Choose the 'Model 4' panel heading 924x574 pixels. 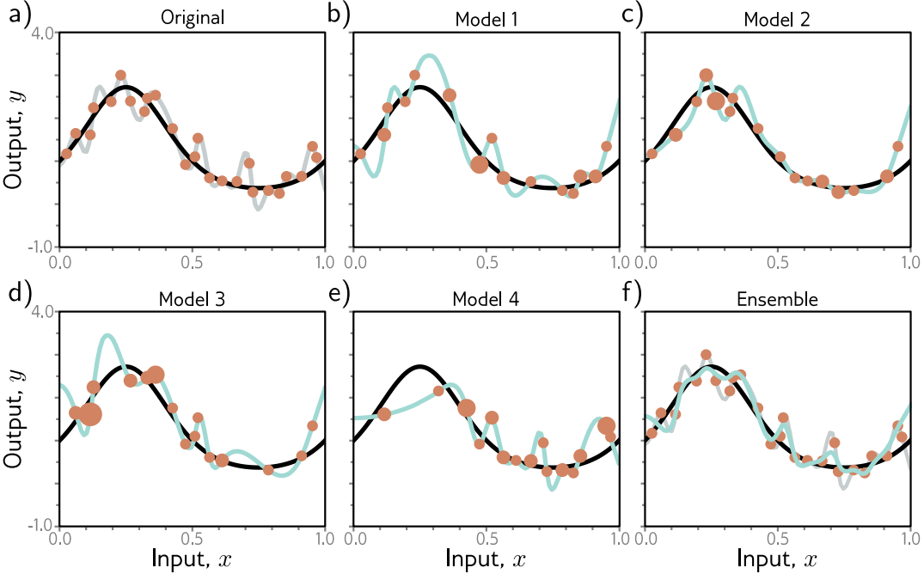[486, 299]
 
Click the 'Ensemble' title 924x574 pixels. [780, 299]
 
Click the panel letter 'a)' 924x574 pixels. [15, 14]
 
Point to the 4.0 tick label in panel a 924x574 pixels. [42, 34]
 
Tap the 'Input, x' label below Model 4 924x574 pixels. [486, 558]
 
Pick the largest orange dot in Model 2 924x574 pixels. [715, 101]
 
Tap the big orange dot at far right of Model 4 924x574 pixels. [607, 425]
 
